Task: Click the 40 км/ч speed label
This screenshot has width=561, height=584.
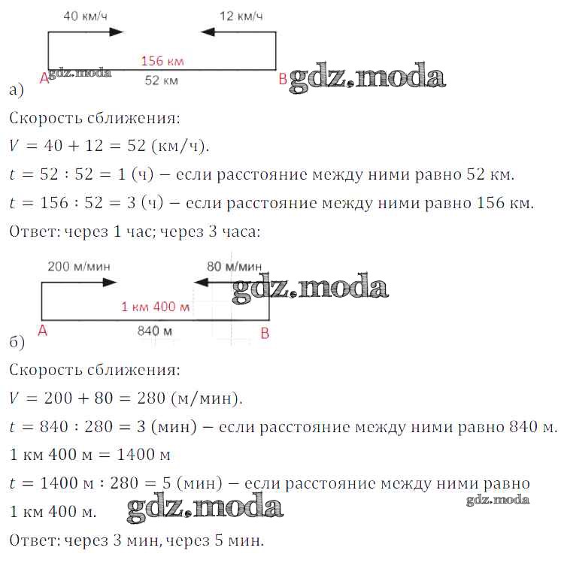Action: tap(86, 16)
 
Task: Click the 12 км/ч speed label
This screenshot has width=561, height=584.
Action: tap(241, 16)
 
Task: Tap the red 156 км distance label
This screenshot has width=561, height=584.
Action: tap(162, 61)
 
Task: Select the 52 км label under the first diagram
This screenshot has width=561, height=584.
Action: tap(161, 80)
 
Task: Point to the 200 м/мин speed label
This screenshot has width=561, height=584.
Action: tap(79, 266)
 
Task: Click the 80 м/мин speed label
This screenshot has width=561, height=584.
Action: tap(234, 266)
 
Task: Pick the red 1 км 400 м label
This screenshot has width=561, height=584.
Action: tap(156, 307)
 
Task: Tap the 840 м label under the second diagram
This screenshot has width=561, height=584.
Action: tap(155, 331)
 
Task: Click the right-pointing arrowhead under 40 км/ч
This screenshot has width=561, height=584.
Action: tap(116, 32)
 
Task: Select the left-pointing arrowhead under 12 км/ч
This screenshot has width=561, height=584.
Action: tap(208, 32)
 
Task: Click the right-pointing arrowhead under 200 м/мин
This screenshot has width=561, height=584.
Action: tap(110, 283)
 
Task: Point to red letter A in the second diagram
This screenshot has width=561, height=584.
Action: tap(43, 331)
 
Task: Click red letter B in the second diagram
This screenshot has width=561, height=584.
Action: tap(265, 334)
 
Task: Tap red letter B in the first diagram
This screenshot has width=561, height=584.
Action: tap(283, 79)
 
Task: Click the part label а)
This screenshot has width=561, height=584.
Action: tap(17, 90)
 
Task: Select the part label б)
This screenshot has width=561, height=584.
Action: tap(17, 341)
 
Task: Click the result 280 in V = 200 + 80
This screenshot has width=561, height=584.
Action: tap(151, 398)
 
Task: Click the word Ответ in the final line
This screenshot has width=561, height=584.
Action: tap(34, 540)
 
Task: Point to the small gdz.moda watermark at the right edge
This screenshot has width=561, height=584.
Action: tap(498, 500)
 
